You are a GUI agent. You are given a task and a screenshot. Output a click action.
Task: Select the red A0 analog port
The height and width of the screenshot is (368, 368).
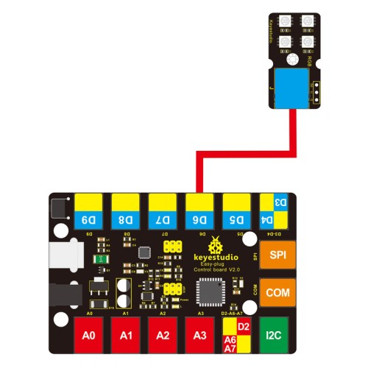click(89, 335)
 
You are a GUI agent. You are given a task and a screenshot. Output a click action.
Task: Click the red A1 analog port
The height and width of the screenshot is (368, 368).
click(126, 335)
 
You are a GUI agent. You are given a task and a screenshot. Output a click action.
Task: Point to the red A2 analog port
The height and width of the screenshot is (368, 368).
click(163, 335)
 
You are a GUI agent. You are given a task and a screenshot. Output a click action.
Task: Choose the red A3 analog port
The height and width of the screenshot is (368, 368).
click(199, 335)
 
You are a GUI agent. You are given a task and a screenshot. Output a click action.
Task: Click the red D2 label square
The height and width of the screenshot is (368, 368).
click(245, 327)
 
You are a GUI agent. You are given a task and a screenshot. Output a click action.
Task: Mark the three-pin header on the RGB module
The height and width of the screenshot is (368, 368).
click(316, 88)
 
